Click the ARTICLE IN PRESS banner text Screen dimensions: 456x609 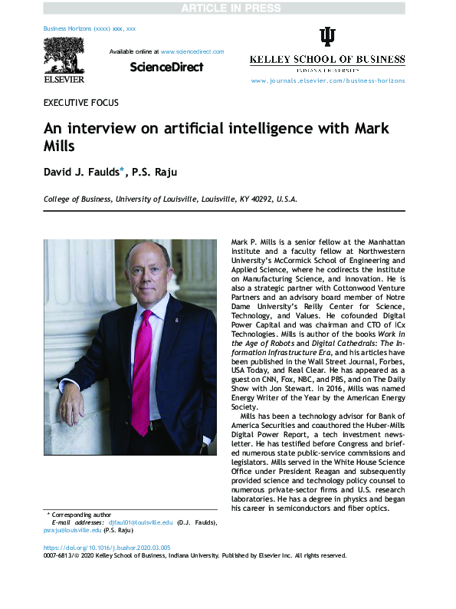[x=228, y=8]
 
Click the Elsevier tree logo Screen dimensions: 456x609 [x=64, y=58]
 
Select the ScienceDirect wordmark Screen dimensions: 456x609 [x=166, y=67]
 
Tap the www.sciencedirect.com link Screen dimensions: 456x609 [x=192, y=51]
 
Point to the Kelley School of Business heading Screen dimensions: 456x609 [x=327, y=60]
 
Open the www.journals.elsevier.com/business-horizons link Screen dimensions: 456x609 [x=327, y=80]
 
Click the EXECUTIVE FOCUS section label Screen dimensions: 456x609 [x=80, y=103]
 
